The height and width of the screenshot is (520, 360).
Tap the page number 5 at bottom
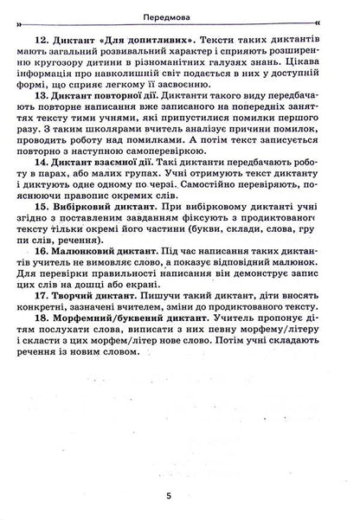pos(179,496)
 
